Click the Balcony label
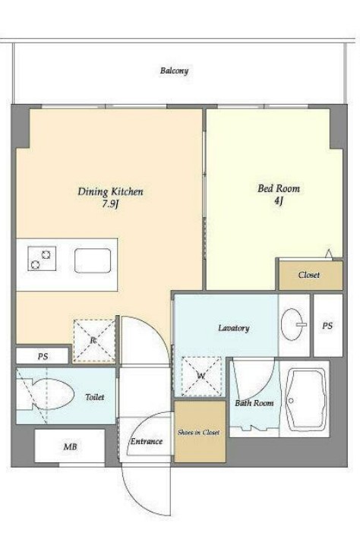(x=174, y=71)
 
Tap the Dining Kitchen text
(x=110, y=191)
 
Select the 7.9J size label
(x=110, y=204)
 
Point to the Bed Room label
(x=279, y=188)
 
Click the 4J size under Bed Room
(x=279, y=201)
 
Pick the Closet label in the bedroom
(x=309, y=275)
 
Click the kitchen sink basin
(x=93, y=261)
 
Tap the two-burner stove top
(x=42, y=259)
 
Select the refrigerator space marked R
(x=94, y=341)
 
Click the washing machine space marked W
(x=201, y=377)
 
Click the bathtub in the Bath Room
(x=306, y=400)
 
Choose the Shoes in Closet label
(x=199, y=433)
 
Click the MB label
(x=70, y=447)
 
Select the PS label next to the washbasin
(x=327, y=325)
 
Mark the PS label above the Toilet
(x=43, y=357)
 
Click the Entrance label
(x=146, y=441)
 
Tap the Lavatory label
(x=234, y=328)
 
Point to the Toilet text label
(x=94, y=397)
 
